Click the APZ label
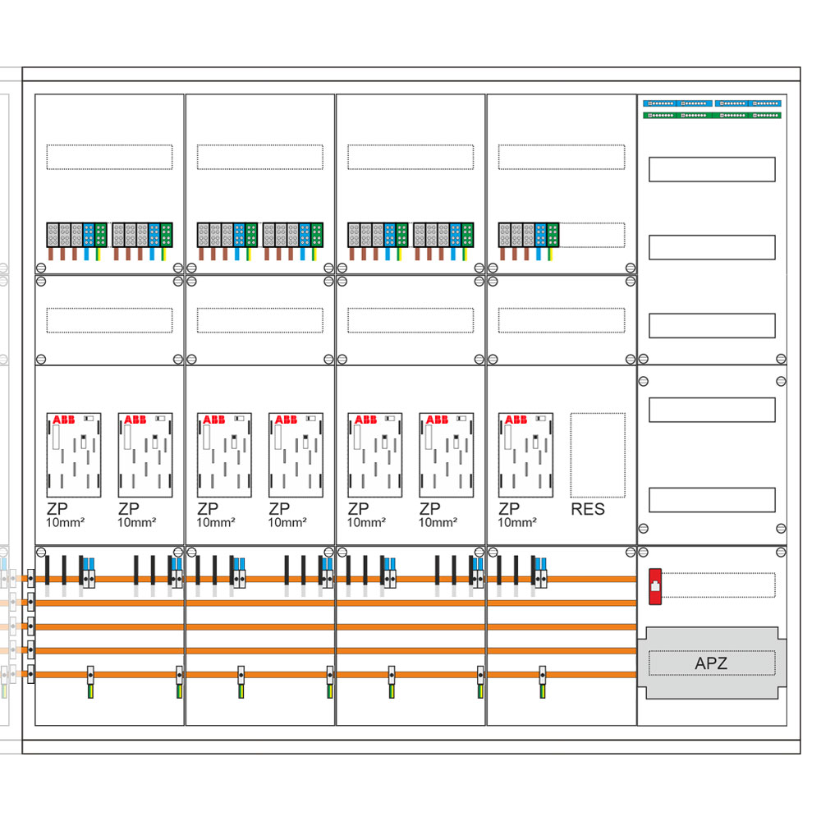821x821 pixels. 711,663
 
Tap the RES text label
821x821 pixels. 587,509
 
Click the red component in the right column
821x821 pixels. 655,586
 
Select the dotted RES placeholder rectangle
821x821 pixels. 598,455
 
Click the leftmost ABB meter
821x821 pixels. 74,455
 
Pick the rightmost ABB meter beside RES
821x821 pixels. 525,455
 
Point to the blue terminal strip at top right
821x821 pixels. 712,103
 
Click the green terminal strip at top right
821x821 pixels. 712,115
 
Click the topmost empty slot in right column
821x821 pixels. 712,169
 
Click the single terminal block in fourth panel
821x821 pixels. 529,235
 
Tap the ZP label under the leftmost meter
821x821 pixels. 57,509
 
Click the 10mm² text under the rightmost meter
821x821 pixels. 517,522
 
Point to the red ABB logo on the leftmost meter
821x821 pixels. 63,420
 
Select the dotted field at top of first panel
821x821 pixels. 109,157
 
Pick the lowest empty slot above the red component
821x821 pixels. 712,500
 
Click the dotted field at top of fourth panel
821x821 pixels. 561,157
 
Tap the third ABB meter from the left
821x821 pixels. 224,455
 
